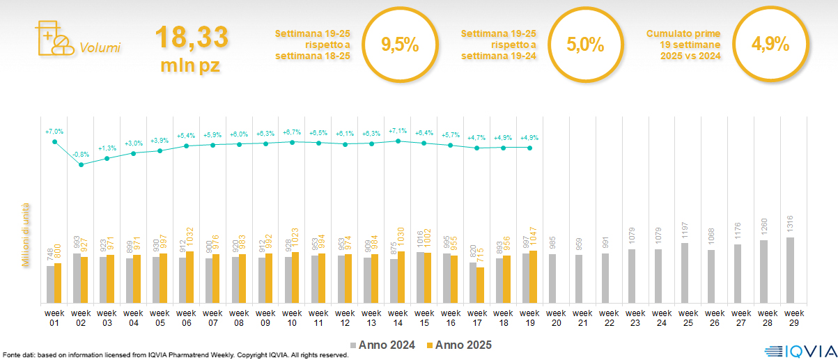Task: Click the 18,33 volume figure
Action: [191, 37]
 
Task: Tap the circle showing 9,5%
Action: [400, 45]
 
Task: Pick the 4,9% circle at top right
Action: [770, 45]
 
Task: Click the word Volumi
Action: [100, 48]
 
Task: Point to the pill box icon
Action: [53, 38]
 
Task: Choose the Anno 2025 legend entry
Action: [460, 345]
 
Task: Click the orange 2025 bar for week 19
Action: [534, 277]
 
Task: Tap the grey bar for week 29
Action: [791, 270]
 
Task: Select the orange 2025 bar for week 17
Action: [481, 285]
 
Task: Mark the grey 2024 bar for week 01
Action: [50, 285]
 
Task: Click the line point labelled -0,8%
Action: [82, 164]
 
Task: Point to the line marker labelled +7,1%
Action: [398, 141]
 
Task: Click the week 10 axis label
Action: [292, 317]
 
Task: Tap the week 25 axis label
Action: [688, 317]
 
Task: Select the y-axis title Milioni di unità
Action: [26, 235]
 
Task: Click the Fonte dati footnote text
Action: [174, 355]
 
